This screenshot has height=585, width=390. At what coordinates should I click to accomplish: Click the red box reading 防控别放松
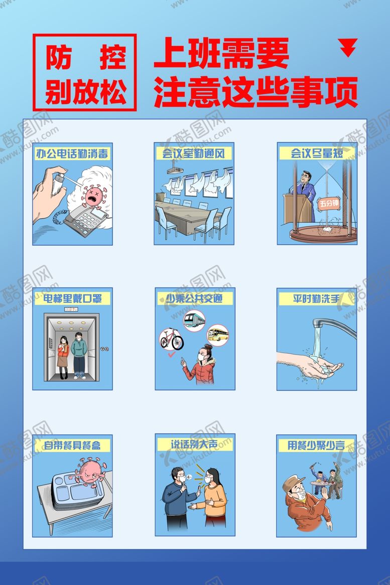(x=84, y=72)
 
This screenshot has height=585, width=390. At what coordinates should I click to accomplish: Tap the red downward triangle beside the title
(x=348, y=48)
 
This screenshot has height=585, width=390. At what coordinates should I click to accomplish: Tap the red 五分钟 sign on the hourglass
(x=329, y=203)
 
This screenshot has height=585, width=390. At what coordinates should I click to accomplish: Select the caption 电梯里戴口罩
(x=72, y=299)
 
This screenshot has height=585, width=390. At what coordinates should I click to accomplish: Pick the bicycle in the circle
(x=172, y=339)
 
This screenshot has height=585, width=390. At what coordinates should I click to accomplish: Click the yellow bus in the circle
(x=217, y=334)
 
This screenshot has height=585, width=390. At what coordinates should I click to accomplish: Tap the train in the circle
(x=194, y=320)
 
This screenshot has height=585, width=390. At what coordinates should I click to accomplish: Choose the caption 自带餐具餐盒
(x=72, y=445)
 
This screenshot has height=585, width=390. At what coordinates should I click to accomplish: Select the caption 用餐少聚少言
(x=316, y=445)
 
